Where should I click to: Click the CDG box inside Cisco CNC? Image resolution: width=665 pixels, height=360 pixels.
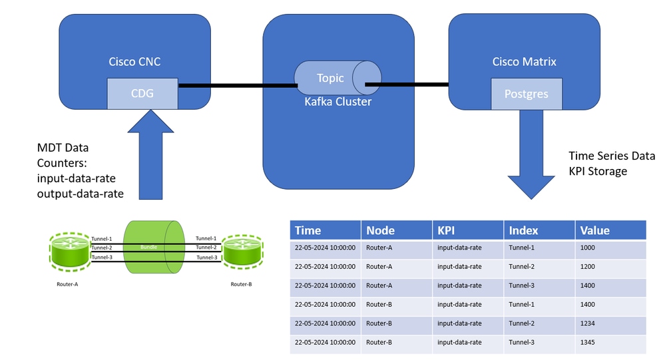[x=142, y=94]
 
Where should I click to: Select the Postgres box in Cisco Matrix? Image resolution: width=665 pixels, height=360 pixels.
[x=527, y=94]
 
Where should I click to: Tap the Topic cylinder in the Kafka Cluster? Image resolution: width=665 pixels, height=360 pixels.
[x=337, y=78]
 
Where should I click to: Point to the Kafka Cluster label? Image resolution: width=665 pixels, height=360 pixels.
[x=338, y=102]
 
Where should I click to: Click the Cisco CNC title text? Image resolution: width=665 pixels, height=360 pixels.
[x=134, y=62]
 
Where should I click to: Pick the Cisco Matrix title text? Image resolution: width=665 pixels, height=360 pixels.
[x=524, y=62]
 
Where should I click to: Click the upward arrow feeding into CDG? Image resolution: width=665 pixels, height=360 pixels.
[x=150, y=155]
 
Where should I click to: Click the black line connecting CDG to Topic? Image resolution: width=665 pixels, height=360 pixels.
[x=238, y=86]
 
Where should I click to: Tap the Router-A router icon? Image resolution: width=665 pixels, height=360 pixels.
[x=69, y=252]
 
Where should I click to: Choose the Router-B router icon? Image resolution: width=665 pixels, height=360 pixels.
[x=243, y=252]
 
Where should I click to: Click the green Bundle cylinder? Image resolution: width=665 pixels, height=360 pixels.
[x=154, y=247]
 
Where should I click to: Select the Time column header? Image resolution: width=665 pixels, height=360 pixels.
[x=326, y=230]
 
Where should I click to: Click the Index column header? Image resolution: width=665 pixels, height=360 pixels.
[x=539, y=230]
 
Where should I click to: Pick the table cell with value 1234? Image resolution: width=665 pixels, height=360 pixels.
[x=610, y=323]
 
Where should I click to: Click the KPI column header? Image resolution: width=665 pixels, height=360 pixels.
[x=468, y=230]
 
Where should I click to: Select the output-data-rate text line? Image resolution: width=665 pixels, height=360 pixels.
[x=80, y=194]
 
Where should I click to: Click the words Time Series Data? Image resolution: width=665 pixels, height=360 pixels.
[x=612, y=156]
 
